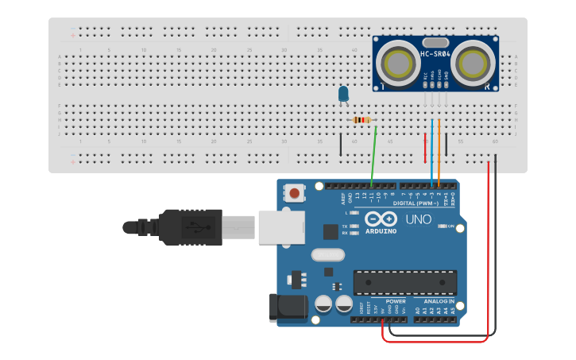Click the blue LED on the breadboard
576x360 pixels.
343,94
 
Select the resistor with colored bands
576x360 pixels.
362,120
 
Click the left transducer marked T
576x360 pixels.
396,62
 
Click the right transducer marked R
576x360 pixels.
474,62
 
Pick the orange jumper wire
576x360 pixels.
439,155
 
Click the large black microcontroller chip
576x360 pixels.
405,281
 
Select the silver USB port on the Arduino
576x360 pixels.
281,226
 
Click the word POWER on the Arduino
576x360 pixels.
395,301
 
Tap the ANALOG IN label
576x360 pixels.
438,301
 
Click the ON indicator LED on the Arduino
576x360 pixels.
443,226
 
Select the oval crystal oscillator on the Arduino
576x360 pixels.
328,255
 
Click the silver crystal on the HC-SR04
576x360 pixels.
435,42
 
